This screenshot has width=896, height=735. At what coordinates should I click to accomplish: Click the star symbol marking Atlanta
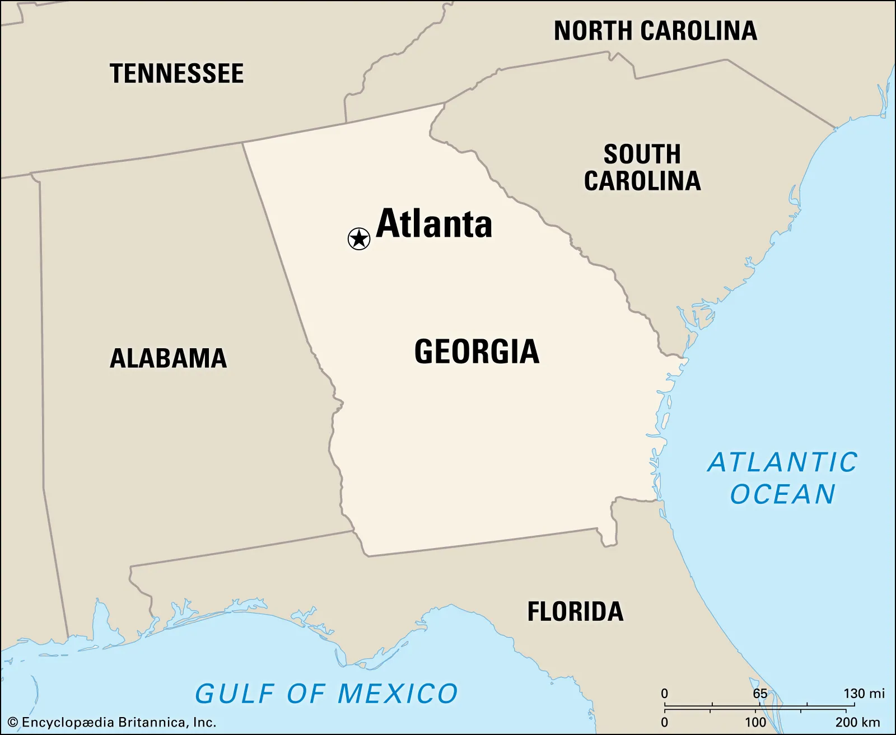point(359,239)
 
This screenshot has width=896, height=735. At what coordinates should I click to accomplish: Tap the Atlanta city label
point(434,224)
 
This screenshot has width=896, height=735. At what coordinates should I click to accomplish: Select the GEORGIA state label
point(477,352)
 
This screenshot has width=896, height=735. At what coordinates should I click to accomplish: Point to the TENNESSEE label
point(177,74)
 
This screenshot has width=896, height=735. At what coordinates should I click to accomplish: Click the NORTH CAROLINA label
point(655,31)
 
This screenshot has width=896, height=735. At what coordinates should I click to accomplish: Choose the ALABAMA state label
point(169,358)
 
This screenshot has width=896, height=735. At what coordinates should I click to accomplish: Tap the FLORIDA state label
point(575,611)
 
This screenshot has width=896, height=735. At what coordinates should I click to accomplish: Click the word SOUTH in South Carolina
point(642,155)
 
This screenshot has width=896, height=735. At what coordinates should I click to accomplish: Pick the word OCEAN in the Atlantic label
point(783,494)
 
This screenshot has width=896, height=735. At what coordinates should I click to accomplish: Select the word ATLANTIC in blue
point(783,463)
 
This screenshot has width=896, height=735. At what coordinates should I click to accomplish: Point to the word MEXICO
point(398,694)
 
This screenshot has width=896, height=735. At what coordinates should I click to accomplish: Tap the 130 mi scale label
point(864,694)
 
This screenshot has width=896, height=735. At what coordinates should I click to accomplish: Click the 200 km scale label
point(857,722)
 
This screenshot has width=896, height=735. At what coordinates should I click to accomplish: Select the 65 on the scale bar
point(760,694)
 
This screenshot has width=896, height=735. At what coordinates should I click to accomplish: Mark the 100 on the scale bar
point(755,722)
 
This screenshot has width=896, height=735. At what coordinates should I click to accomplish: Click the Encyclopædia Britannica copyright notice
point(112,722)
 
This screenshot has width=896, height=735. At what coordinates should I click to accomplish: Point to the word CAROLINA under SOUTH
point(642,181)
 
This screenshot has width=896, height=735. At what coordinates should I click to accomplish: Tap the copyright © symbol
point(13,723)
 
